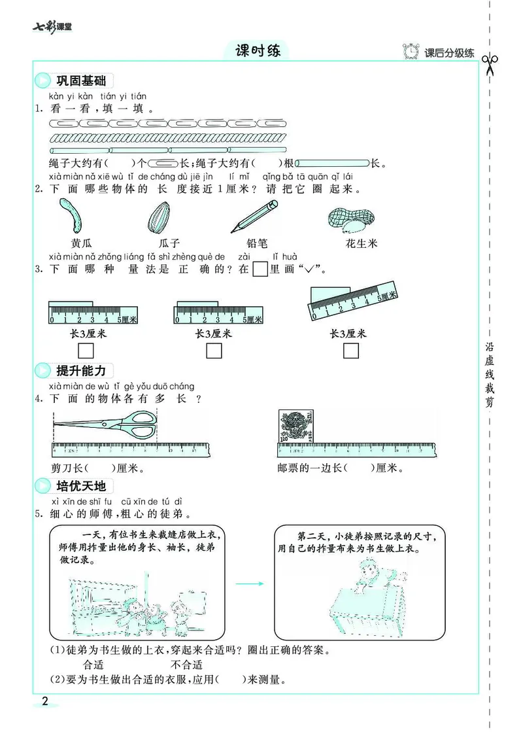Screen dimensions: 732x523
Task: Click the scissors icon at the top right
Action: coord(490,64)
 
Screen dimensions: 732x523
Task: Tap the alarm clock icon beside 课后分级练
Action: coord(412,52)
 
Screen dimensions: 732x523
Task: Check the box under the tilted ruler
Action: coord(351,351)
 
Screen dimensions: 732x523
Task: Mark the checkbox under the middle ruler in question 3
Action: coord(214,351)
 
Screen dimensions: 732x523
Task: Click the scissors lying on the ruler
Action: coord(105,425)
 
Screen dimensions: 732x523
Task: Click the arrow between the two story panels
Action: coord(248,583)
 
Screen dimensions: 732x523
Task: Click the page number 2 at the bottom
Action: coord(44,702)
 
